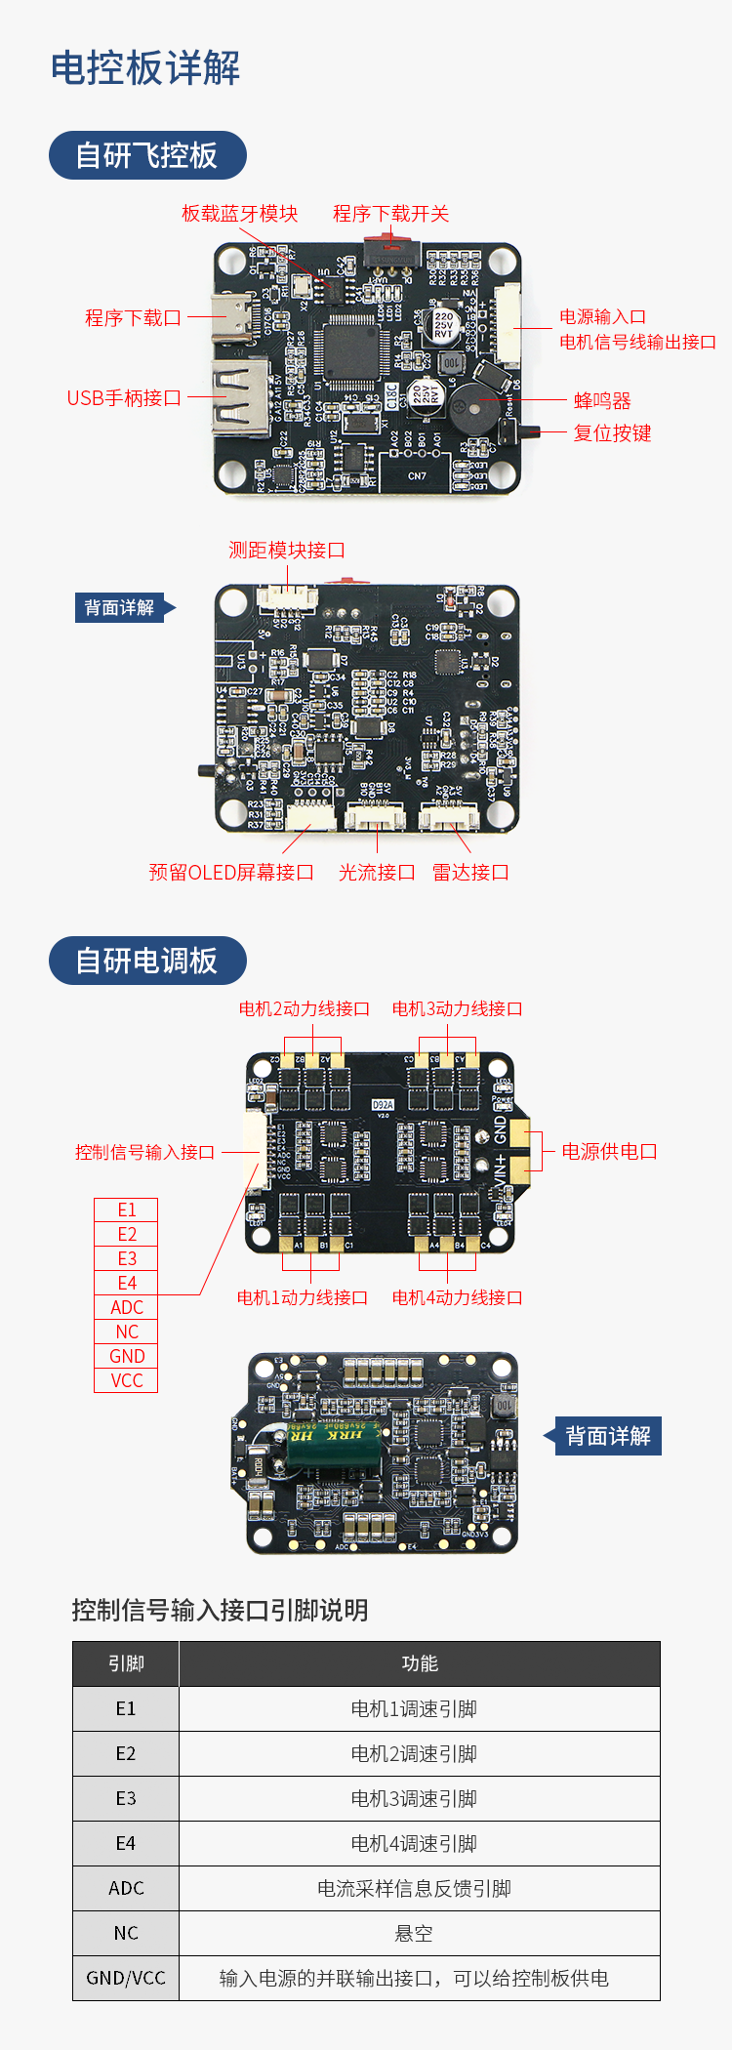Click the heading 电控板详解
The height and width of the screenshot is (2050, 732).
pyautogui.click(x=145, y=68)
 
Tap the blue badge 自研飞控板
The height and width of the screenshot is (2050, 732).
pyautogui.click(x=147, y=155)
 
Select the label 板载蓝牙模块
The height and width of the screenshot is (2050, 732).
pyautogui.click(x=239, y=214)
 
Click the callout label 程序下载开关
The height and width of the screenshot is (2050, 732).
pyautogui.click(x=390, y=214)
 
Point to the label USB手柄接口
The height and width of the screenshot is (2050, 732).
pyautogui.click(x=124, y=398)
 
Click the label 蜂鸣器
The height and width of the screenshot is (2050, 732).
pyautogui.click(x=602, y=400)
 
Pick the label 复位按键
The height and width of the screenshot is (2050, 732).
pyautogui.click(x=612, y=432)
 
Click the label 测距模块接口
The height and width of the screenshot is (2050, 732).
pyautogui.click(x=286, y=551)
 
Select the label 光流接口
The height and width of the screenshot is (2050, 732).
pyautogui.click(x=377, y=873)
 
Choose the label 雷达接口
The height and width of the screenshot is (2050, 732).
pyautogui.click(x=470, y=873)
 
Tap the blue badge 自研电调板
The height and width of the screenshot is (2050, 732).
pyautogui.click(x=147, y=961)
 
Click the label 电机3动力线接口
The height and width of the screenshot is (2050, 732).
pyautogui.click(x=457, y=1008)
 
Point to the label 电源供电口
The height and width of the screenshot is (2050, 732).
pyautogui.click(x=609, y=1152)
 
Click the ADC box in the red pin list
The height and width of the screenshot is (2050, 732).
pyautogui.click(x=126, y=1308)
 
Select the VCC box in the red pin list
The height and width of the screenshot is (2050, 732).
pyautogui.click(x=126, y=1381)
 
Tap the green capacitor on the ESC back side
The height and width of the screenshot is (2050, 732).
pyautogui.click(x=333, y=1444)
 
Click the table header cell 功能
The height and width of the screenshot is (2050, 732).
pyautogui.click(x=420, y=1663)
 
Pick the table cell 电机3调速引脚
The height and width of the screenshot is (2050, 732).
pyautogui.click(x=414, y=1798)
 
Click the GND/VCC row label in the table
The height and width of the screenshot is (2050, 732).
pyautogui.click(x=126, y=1978)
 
